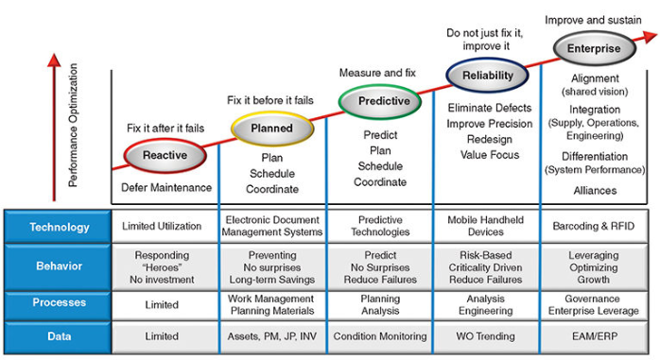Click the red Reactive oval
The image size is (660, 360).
point(165,155)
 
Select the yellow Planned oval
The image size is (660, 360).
point(271,129)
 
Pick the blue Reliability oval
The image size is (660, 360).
point(488,76)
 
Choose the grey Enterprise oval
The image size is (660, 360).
point(594,48)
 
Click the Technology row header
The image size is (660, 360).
point(59,227)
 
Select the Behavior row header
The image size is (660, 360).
point(59,267)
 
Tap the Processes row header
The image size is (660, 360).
point(59,303)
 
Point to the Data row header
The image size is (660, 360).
point(59,336)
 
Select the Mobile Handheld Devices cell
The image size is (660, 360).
point(487,227)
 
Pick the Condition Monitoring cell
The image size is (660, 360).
point(379,336)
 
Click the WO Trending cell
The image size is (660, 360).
point(487,336)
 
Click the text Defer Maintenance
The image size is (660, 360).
point(166,187)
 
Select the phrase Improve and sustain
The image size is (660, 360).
point(592,20)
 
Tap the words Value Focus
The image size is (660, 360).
point(487,154)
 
